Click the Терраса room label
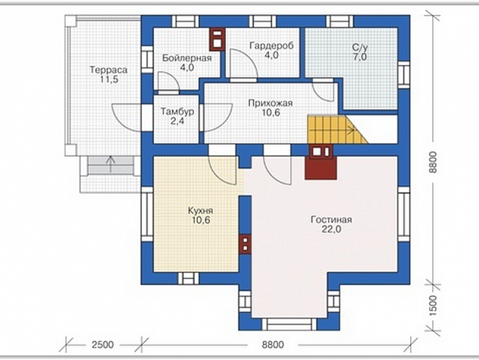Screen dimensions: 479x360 pyautogui.click(x=109, y=70)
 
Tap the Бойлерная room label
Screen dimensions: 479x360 pyautogui.click(x=187, y=58)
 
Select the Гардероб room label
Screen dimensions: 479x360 pyautogui.click(x=271, y=46)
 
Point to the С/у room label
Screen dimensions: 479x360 pyautogui.click(x=360, y=48)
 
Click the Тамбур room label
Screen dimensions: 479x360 pyautogui.click(x=178, y=112)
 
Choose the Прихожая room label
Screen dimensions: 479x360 pyautogui.click(x=270, y=103)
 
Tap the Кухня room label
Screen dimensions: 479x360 pyautogui.click(x=200, y=211)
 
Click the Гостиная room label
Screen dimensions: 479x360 pyautogui.click(x=332, y=219)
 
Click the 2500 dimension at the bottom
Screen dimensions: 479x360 pyautogui.click(x=102, y=345)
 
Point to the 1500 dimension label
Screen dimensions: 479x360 pyautogui.click(x=433, y=306)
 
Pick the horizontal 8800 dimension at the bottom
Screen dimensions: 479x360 pyautogui.click(x=273, y=345)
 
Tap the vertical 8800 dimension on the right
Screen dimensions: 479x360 pyautogui.click(x=433, y=163)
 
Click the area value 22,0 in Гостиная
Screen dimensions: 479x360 pyautogui.click(x=332, y=229)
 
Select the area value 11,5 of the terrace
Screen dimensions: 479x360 pyautogui.click(x=109, y=79)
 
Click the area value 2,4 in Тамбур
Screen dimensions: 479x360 pyautogui.click(x=178, y=121)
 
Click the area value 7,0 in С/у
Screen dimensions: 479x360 pyautogui.click(x=360, y=57)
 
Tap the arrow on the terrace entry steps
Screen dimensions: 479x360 pyautogui.click(x=110, y=164)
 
